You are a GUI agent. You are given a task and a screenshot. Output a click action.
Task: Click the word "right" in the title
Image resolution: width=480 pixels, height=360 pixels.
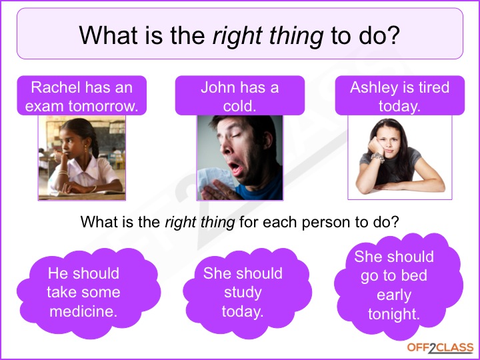(237, 36)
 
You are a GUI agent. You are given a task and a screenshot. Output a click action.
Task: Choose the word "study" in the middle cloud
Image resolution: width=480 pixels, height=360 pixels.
(243, 293)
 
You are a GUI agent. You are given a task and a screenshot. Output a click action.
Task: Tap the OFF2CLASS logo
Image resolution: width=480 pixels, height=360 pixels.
(440, 348)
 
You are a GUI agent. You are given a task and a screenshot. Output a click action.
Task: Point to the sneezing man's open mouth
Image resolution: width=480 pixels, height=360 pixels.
(235, 168)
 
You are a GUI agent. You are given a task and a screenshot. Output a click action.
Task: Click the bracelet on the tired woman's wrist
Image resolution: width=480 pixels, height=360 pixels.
(378, 157)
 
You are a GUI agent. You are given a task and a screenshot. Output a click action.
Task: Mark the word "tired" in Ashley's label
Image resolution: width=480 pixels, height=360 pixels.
(434, 87)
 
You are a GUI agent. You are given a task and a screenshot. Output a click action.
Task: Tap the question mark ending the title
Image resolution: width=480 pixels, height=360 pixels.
(394, 35)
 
